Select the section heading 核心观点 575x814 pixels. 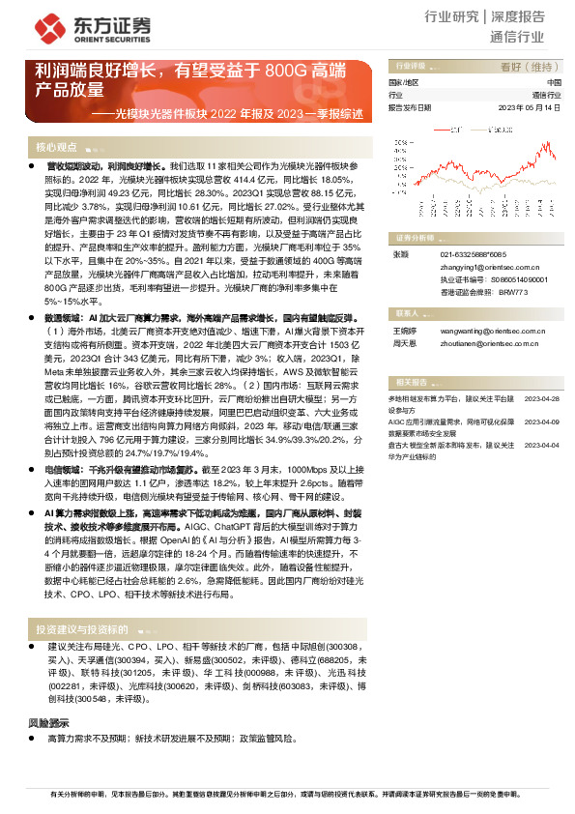56,147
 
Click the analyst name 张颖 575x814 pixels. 398,254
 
